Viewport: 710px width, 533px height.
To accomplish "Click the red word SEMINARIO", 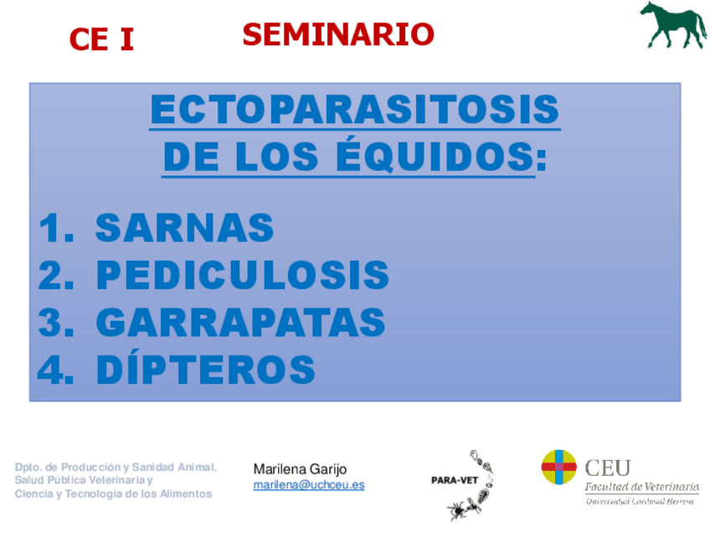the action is click(x=338, y=34).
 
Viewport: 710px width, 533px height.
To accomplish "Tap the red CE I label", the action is click(x=101, y=39).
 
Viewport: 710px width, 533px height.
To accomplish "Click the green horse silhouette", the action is click(x=673, y=25).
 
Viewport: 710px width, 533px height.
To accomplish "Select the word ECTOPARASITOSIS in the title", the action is click(x=355, y=109).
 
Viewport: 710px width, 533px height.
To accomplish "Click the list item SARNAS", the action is click(x=184, y=227).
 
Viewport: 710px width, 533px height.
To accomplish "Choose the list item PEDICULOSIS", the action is click(x=243, y=275).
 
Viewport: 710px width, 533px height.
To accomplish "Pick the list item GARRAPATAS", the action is click(x=240, y=323).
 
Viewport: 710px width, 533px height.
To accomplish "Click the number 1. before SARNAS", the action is click(x=56, y=228).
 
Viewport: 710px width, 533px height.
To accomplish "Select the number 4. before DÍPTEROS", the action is click(x=56, y=370).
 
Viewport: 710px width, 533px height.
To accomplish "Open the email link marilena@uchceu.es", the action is click(x=309, y=484).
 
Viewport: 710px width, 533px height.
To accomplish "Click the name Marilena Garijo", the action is click(x=300, y=469).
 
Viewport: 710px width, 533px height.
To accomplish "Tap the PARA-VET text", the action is click(x=455, y=480).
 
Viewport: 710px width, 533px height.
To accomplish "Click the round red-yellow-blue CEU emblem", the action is click(x=558, y=467).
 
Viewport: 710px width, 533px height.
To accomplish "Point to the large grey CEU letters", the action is click(x=607, y=468).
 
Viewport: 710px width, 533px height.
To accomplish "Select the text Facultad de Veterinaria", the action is click(x=641, y=487).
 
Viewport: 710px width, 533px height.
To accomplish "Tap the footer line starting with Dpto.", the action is click(x=116, y=468).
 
